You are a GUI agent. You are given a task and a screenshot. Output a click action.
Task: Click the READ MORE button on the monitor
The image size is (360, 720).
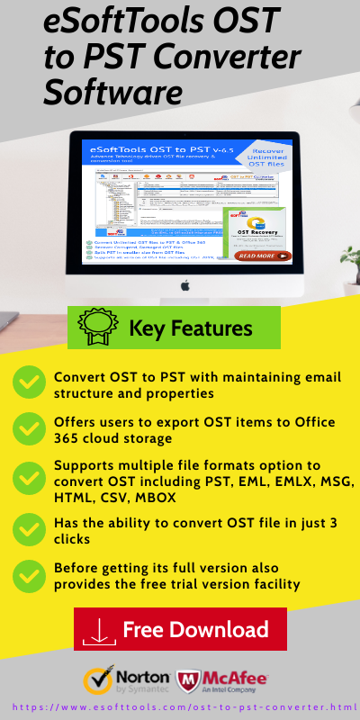[x=263, y=256]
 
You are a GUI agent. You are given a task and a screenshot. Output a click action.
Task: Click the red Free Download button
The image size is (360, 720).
[x=180, y=629]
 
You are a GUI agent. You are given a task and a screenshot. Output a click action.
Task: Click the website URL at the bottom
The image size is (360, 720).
[x=180, y=707]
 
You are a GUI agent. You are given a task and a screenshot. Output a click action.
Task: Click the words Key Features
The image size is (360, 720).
[x=191, y=328]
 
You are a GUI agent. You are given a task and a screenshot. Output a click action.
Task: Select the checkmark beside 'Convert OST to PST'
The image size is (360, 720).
[x=30, y=384]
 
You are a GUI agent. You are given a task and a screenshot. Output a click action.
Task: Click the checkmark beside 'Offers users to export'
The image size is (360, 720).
[x=30, y=429]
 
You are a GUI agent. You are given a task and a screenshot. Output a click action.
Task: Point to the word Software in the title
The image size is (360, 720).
[x=113, y=92]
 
